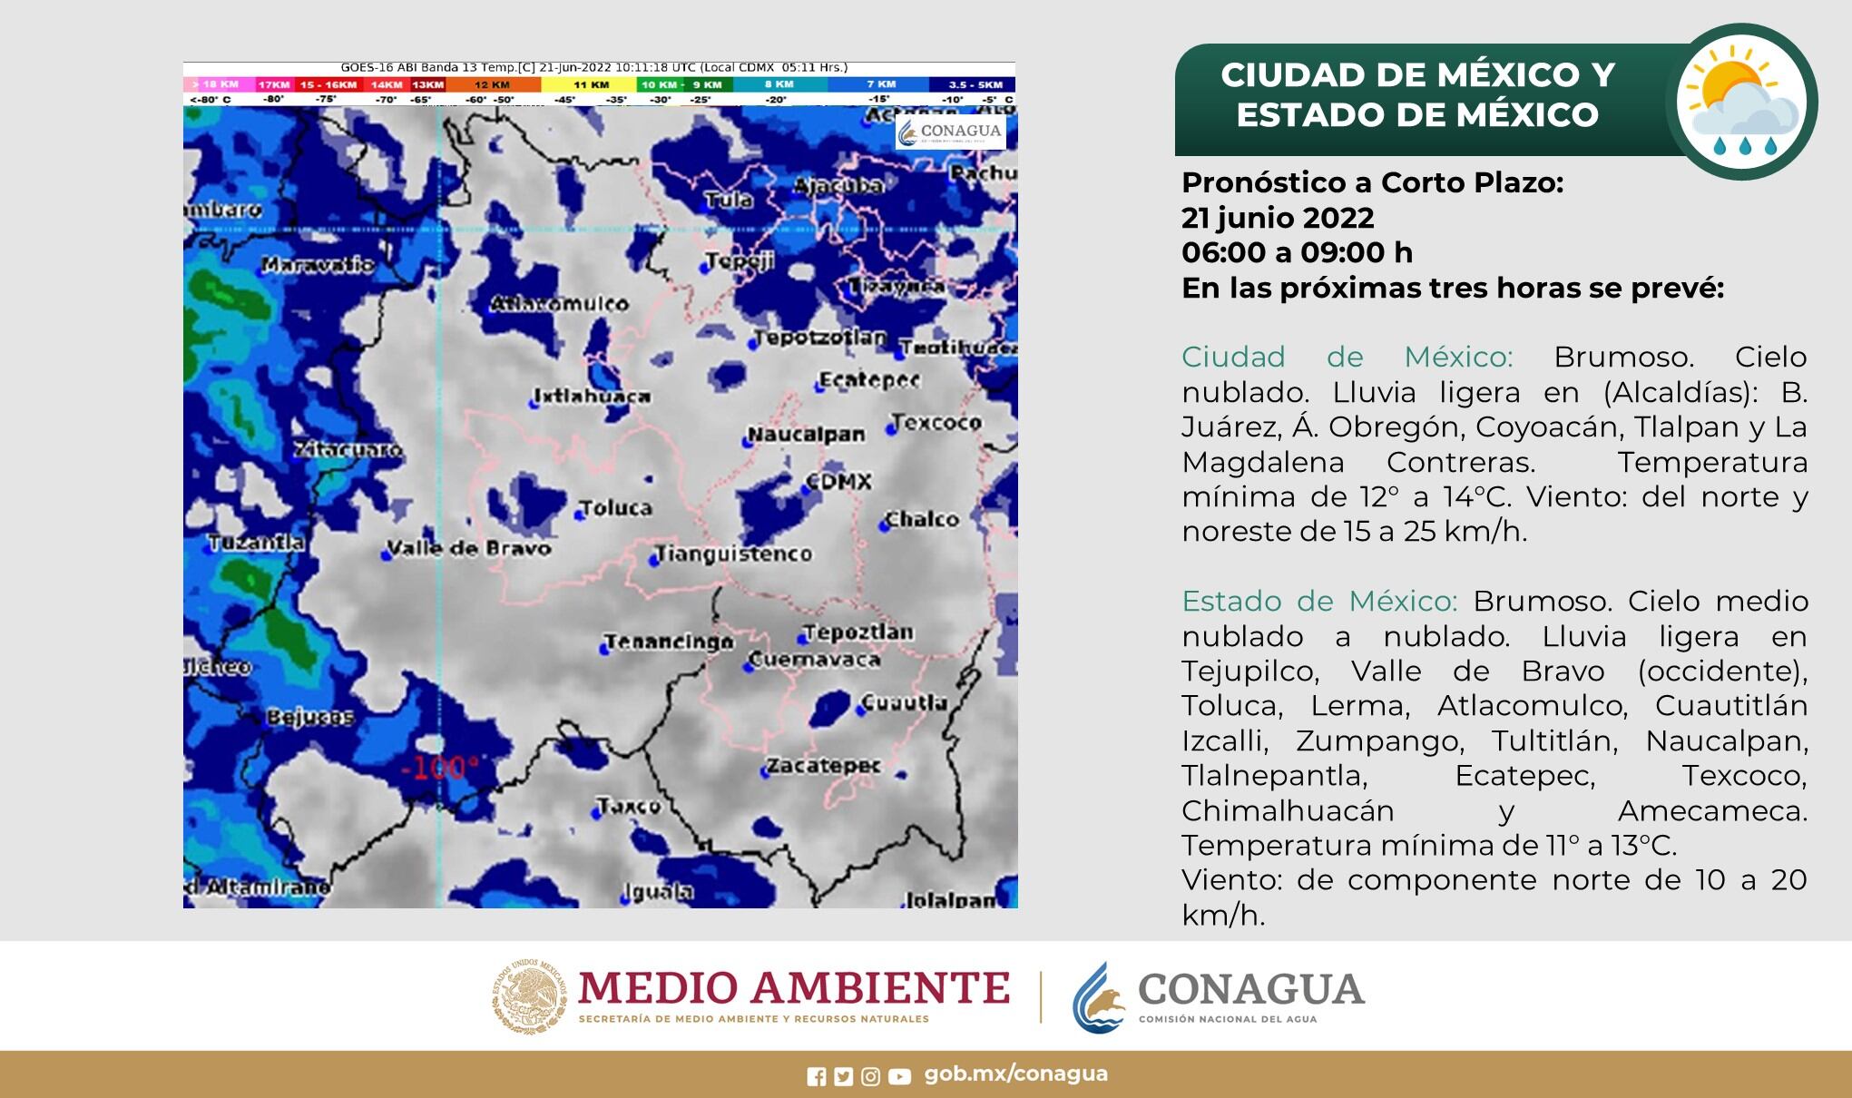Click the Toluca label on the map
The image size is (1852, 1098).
pyautogui.click(x=615, y=508)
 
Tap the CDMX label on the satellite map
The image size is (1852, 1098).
pyautogui.click(x=839, y=482)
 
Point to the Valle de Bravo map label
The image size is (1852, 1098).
pyautogui.click(x=469, y=548)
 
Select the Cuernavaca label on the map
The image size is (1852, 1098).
pyautogui.click(x=815, y=660)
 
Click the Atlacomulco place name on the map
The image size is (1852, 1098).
pyautogui.click(x=559, y=304)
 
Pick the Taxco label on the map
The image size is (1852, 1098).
pyautogui.click(x=629, y=806)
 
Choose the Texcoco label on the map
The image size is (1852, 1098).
pyautogui.click(x=936, y=423)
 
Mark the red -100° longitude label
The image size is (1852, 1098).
pyautogui.click(x=439, y=769)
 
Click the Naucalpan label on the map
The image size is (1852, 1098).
pyautogui.click(x=806, y=435)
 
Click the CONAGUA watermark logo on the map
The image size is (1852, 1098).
pyautogui.click(x=950, y=132)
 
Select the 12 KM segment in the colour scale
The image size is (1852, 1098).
pyautogui.click(x=493, y=84)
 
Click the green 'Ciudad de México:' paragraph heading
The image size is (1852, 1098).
pyautogui.click(x=1347, y=357)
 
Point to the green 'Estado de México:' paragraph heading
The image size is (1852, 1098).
pyautogui.click(x=1318, y=601)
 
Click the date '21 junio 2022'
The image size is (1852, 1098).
pyautogui.click(x=1278, y=218)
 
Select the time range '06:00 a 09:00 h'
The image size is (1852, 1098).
pyautogui.click(x=1297, y=252)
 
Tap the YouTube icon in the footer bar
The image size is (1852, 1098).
pyautogui.click(x=899, y=1076)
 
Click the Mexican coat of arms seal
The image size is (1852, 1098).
pyautogui.click(x=530, y=995)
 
